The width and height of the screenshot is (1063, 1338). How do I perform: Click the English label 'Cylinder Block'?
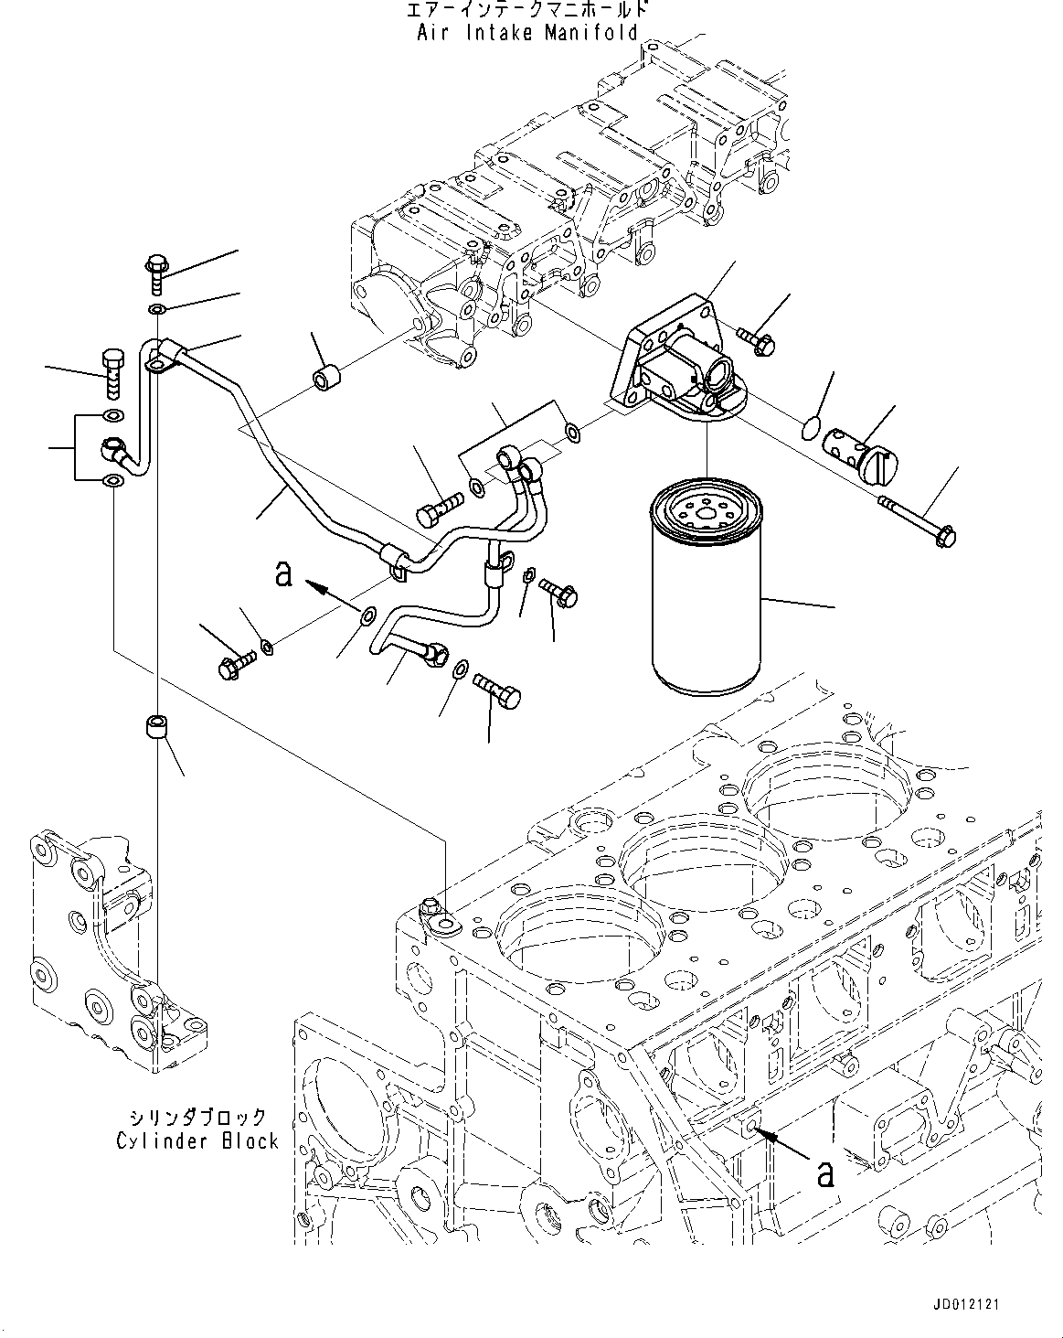[x=197, y=1140]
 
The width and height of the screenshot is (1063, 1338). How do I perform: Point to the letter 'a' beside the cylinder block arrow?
[x=825, y=1172]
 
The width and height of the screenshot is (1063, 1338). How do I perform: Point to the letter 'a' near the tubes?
[x=284, y=573]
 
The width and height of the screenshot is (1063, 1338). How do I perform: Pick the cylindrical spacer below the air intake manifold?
[x=326, y=377]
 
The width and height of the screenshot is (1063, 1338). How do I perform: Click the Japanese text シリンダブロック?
[x=197, y=1117]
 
